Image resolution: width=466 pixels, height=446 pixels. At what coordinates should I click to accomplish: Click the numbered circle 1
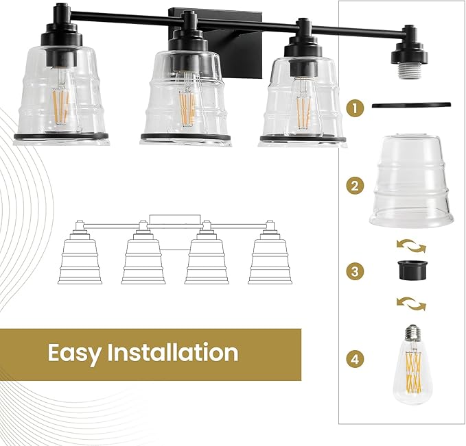click(354, 108)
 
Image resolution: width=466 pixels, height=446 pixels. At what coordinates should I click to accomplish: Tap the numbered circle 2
click(354, 184)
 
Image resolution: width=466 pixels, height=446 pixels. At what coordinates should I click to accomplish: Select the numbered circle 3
click(354, 271)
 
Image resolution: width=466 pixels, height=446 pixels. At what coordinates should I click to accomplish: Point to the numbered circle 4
click(354, 358)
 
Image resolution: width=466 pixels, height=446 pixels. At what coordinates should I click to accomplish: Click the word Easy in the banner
click(74, 354)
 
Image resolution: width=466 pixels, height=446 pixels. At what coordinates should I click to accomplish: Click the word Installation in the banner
click(173, 353)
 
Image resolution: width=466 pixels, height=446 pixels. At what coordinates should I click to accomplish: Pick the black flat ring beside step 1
click(412, 104)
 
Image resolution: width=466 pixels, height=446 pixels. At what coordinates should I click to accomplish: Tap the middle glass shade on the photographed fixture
click(185, 92)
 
